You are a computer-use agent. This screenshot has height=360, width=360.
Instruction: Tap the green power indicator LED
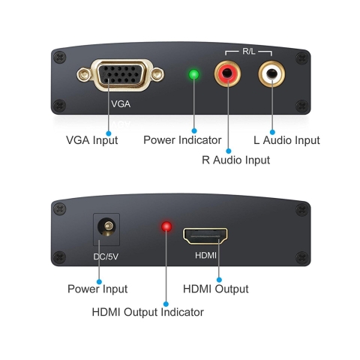pyautogui.click(x=193, y=75)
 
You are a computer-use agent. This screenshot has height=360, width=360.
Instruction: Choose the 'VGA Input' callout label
pyautogui.click(x=92, y=140)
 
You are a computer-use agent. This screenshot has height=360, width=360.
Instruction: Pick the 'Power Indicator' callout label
pyautogui.click(x=182, y=140)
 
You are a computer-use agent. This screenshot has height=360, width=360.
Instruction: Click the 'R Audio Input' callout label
pyautogui.click(x=235, y=159)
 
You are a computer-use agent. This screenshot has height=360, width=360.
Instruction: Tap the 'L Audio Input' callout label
pyautogui.click(x=286, y=140)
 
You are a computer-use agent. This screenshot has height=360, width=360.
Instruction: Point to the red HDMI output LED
pyautogui.click(x=166, y=226)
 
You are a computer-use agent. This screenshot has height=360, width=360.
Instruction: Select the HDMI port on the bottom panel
pyautogui.click(x=205, y=237)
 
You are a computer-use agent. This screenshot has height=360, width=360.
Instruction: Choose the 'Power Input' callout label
pyautogui.click(x=97, y=289)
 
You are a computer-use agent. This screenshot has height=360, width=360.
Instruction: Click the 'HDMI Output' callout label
pyautogui.click(x=216, y=289)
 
